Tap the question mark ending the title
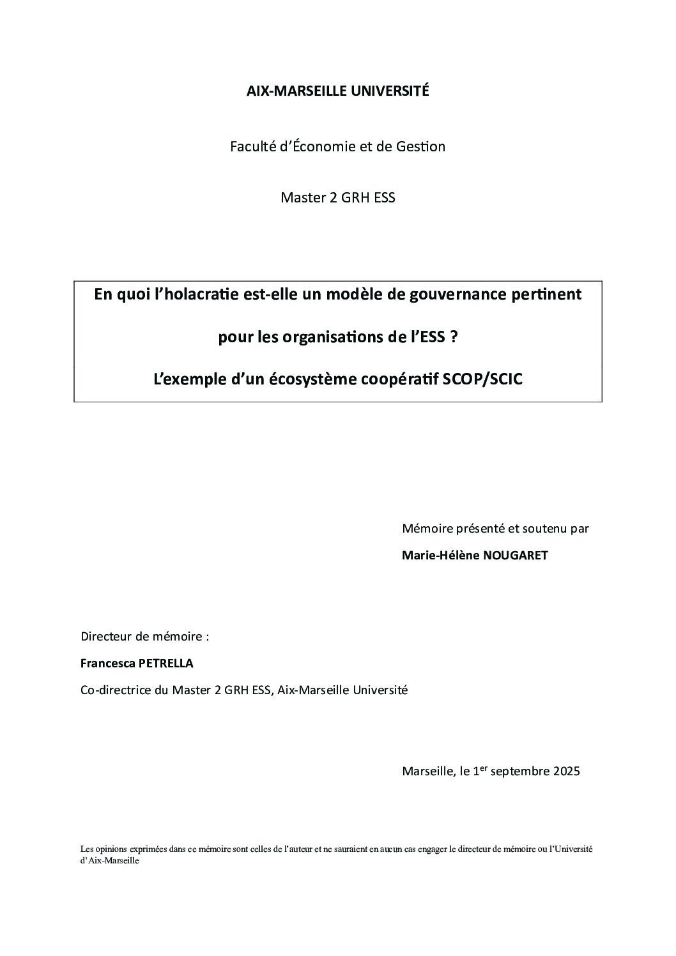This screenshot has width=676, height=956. click(x=454, y=337)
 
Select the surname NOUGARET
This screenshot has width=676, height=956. click(x=516, y=556)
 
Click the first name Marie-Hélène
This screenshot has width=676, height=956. click(x=440, y=556)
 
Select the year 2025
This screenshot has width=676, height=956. click(x=566, y=771)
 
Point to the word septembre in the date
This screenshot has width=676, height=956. click(x=520, y=771)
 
